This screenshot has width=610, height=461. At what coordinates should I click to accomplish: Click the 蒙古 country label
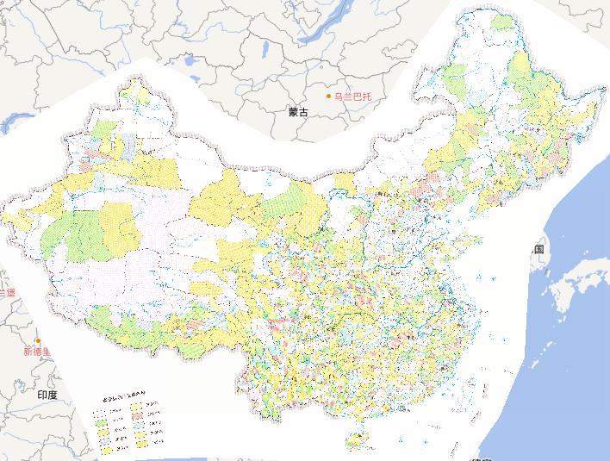tap(298, 112)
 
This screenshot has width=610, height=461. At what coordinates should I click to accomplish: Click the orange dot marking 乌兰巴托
tap(328, 96)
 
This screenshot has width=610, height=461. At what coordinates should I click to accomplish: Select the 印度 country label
tap(47, 394)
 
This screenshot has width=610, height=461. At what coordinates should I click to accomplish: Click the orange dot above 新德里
tap(38, 341)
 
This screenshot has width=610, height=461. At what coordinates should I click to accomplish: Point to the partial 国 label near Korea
tap(538, 249)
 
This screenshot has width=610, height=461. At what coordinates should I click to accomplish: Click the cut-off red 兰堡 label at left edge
tap(7, 293)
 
